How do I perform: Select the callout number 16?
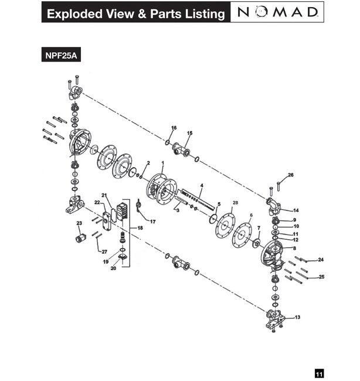pyautogui.click(x=174, y=128)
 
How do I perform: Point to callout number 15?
pyautogui.click(x=189, y=134)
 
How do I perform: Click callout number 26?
pyautogui.click(x=291, y=175)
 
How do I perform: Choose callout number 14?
pyautogui.click(x=296, y=210)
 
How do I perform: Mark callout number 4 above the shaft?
pyautogui.click(x=201, y=185)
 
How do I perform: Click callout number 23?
pyautogui.click(x=79, y=223)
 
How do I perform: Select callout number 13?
pyautogui.click(x=298, y=317)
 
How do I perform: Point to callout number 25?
pyautogui.click(x=321, y=276)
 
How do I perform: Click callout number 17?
pyautogui.click(x=152, y=222)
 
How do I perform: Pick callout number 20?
pyautogui.click(x=113, y=268)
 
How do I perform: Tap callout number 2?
pyautogui.click(x=148, y=162)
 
